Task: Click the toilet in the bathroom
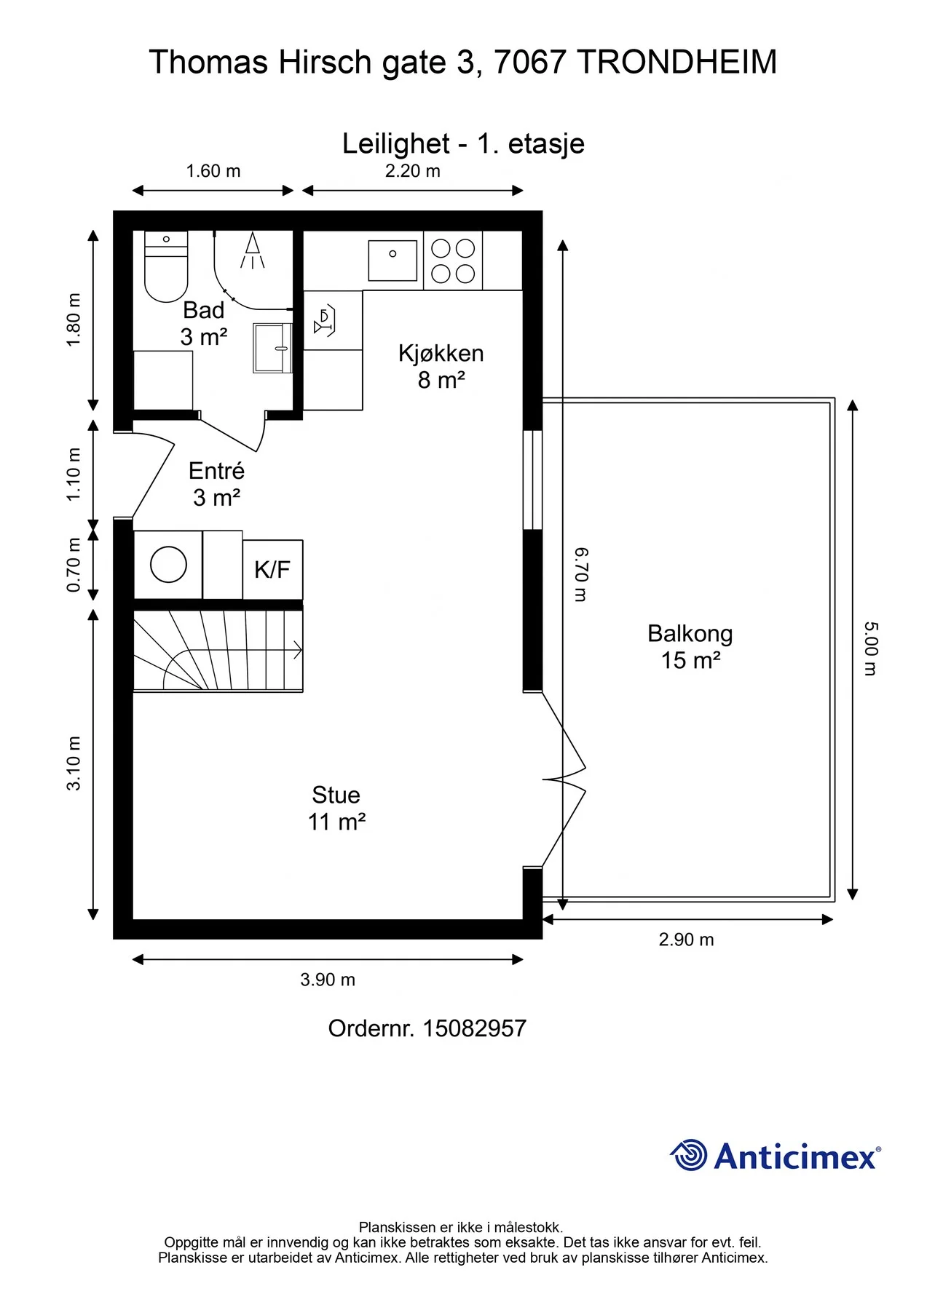166,266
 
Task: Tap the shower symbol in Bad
252,250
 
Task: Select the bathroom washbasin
272,348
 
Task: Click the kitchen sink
393,261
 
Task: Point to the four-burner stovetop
453,261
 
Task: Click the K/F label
272,569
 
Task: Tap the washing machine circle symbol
168,565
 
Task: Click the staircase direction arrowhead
298,650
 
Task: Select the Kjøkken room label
441,353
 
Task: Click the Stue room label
336,794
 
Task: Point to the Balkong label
690,634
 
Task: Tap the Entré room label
216,471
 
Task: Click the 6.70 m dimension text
580,575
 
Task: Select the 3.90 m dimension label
328,980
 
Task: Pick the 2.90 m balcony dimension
687,940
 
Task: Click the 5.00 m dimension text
871,648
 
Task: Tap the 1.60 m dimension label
213,171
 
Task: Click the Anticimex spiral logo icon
688,1155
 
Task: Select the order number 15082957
474,1028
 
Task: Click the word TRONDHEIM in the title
676,63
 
